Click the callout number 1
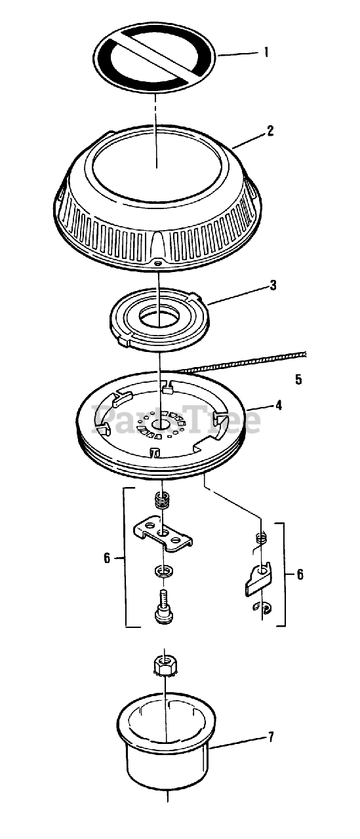click(x=266, y=52)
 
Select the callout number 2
click(x=270, y=131)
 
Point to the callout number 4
click(x=278, y=405)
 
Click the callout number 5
click(x=298, y=380)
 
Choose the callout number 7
click(x=271, y=737)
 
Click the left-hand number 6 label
click(x=107, y=558)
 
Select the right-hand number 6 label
click(x=300, y=574)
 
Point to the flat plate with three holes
click(x=163, y=534)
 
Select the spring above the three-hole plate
click(x=161, y=500)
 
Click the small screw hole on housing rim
click(x=158, y=263)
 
